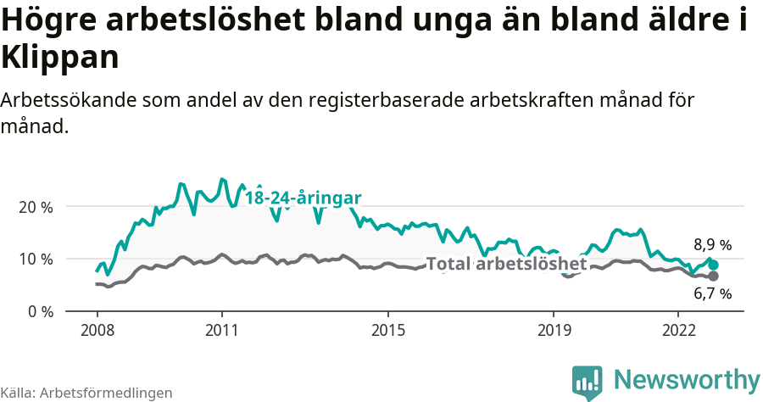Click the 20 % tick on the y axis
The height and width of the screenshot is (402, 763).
coord(36,207)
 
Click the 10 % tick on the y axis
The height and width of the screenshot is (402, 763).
coord(36,260)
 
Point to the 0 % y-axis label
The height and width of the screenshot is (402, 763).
coord(39,311)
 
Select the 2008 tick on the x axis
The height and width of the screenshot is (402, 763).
coord(97,329)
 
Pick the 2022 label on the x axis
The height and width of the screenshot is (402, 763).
coord(678,329)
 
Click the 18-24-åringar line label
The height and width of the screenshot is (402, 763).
coord(303,198)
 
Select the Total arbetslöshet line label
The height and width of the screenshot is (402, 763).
coord(506,265)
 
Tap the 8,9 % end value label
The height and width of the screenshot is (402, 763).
coord(712,245)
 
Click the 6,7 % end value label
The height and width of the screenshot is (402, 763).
coord(712,294)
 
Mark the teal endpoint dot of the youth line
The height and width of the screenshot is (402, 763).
coord(714,265)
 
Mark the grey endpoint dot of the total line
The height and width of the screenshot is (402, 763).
coord(714,276)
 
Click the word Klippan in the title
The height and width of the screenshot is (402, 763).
coord(59,58)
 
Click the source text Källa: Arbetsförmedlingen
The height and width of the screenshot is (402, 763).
coord(86,393)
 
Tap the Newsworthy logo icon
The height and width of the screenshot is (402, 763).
coord(588,382)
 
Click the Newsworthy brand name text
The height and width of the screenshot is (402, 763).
coord(687,380)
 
